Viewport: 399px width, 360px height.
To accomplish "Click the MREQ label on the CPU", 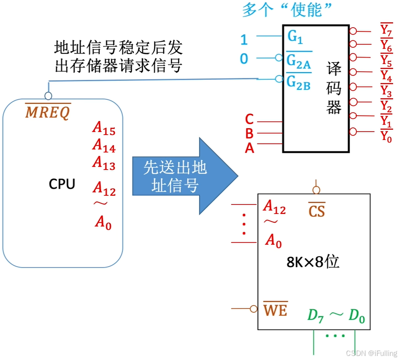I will tap(48, 112).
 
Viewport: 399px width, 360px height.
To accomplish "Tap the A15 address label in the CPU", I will tap(104, 129).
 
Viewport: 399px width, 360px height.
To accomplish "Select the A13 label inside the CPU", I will tap(104, 163).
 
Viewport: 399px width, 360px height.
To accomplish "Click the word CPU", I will tap(62, 184).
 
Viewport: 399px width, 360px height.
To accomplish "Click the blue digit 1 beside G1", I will tap(244, 40).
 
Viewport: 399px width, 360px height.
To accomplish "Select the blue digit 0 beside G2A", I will tap(244, 59).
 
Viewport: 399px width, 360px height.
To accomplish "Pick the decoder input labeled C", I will tap(249, 120).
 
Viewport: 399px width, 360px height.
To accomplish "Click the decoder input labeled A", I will tap(249, 148).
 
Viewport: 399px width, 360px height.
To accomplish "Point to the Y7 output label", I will tap(386, 30).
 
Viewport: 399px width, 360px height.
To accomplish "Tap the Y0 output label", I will tap(386, 136).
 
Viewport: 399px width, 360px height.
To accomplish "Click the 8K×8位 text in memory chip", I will tap(313, 262).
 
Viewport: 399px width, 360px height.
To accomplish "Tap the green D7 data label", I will tap(316, 316).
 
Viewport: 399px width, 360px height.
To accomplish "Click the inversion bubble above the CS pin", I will tap(316, 190).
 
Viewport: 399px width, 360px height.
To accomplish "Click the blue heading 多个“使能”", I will tap(287, 10).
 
